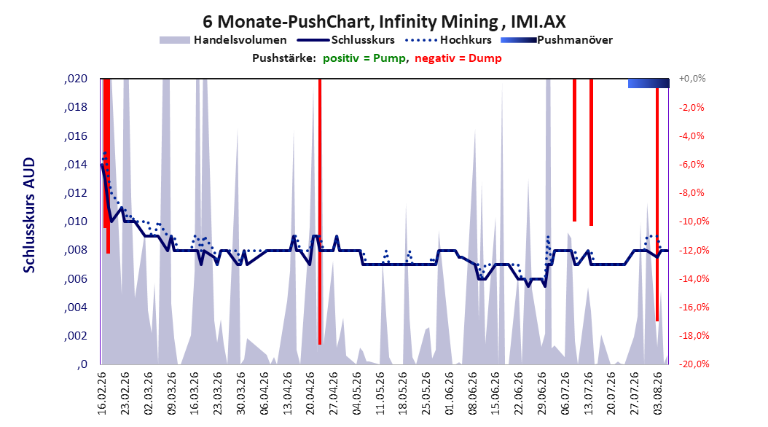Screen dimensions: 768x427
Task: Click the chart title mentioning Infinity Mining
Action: coord(384,22)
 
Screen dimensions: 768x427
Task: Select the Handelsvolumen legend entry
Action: coord(223,40)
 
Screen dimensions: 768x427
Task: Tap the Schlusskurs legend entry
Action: coord(346,40)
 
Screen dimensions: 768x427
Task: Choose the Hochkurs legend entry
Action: coord(448,40)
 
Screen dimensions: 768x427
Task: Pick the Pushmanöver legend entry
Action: coord(557,40)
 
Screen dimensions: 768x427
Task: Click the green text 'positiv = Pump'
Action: coord(364,58)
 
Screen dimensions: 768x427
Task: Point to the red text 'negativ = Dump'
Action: coord(458,58)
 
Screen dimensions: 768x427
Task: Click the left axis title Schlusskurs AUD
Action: coord(29,215)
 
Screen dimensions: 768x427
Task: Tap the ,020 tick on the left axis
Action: coord(76,79)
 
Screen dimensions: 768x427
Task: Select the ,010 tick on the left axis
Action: coord(76,222)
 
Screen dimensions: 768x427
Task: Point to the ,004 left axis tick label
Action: coord(76,307)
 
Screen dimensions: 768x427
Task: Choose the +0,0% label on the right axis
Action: coord(692,79)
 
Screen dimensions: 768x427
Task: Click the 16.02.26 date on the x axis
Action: coord(102,393)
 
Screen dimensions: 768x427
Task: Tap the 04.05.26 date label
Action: coord(358,393)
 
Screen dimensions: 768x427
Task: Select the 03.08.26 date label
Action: coord(658,393)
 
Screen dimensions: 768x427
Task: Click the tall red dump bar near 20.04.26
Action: coord(320,211)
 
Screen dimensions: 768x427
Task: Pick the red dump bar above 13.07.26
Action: coord(591,152)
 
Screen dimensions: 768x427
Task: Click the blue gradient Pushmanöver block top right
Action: coord(649,83)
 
